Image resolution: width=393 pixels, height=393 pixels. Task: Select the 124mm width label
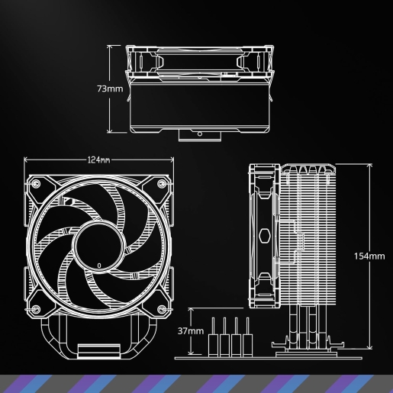(98, 160)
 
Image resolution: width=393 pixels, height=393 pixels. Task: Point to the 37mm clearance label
(191, 331)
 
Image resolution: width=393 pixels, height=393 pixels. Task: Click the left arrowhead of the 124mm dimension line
(27, 159)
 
